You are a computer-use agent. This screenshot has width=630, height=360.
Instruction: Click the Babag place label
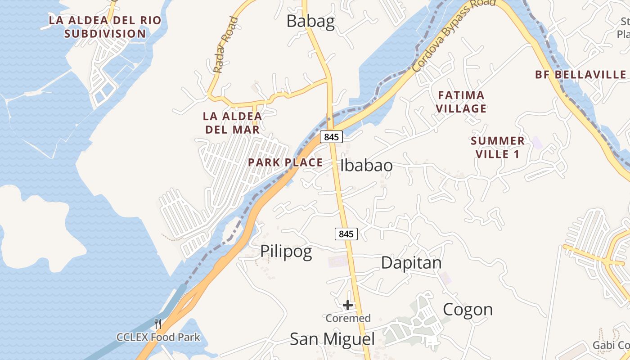pos(310,21)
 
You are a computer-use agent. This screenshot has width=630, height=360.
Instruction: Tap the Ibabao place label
pos(366,165)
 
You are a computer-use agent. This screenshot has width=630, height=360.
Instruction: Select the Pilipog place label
pos(286,251)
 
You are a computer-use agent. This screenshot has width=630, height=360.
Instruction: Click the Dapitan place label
pos(411,263)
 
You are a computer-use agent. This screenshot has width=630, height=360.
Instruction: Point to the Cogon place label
pos(468,310)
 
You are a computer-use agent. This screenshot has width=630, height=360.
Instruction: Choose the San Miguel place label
pos(332,339)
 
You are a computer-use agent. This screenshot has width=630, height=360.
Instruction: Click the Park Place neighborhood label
pos(285,162)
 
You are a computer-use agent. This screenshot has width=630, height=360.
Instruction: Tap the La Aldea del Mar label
pos(232,123)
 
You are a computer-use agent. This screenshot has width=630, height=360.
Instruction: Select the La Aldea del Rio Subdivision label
pos(105,27)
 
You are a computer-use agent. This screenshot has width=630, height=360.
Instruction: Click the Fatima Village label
pos(461,102)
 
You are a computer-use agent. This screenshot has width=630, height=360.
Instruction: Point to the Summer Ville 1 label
pos(497,147)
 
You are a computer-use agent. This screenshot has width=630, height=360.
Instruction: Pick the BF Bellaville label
pos(580,75)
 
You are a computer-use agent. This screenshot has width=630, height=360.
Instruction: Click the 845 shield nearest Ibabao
pos(331,137)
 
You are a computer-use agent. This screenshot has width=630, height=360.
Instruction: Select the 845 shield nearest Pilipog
pos(346,234)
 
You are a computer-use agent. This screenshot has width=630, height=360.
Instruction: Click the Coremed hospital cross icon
pos(348,306)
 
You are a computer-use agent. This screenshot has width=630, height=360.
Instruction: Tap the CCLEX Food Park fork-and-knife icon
pos(158,324)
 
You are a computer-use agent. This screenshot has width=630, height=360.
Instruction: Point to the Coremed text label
pos(348,318)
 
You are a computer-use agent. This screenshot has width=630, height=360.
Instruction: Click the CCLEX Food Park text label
pos(158,337)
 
